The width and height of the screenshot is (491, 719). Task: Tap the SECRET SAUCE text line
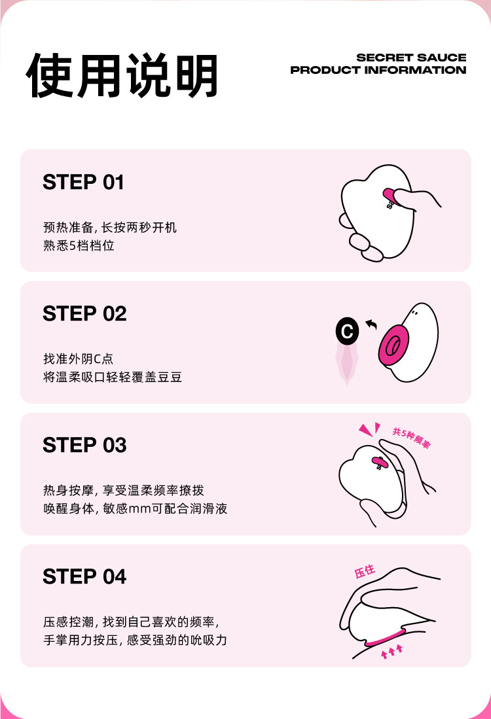411,58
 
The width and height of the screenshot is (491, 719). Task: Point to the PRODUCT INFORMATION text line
378,70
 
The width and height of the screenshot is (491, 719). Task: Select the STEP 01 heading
83,183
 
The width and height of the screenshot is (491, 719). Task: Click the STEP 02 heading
84,314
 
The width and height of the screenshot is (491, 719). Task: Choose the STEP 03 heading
84,446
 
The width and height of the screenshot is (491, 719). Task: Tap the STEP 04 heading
84,577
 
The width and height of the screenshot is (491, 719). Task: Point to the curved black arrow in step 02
372,323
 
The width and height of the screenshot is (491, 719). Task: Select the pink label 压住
365,572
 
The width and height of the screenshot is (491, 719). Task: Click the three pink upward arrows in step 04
391,650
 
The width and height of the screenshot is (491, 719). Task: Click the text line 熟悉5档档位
79,247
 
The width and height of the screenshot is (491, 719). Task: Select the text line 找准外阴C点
79,359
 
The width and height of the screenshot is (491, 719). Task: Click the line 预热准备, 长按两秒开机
110,228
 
